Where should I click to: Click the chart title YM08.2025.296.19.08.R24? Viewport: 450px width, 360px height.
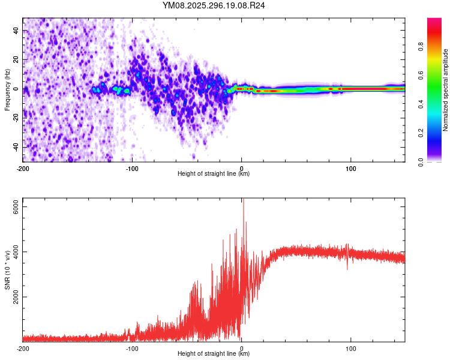pyautogui.click(x=214, y=5)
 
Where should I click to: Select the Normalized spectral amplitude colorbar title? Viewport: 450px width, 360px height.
pyautogui.click(x=446, y=90)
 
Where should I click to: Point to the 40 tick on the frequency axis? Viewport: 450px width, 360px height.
pyautogui.click(x=16, y=30)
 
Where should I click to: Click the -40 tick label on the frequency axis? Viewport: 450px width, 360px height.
pyautogui.click(x=16, y=147)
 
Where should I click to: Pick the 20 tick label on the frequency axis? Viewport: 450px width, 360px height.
pyautogui.click(x=16, y=59)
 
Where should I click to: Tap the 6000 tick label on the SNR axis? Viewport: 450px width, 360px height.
pyautogui.click(x=17, y=206)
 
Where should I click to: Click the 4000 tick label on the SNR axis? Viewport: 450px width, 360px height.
pyautogui.click(x=17, y=251)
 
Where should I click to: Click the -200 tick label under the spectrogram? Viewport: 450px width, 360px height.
pyautogui.click(x=23, y=167)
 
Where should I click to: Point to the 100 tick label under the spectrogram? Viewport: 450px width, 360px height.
pyautogui.click(x=351, y=167)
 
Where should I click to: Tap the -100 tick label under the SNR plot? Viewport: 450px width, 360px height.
pyautogui.click(x=133, y=347)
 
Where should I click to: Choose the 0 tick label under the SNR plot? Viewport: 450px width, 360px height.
pyautogui.click(x=241, y=347)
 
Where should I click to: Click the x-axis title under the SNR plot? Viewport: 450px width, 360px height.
pyautogui.click(x=214, y=354)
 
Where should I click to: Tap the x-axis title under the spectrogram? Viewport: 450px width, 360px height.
pyautogui.click(x=214, y=174)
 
